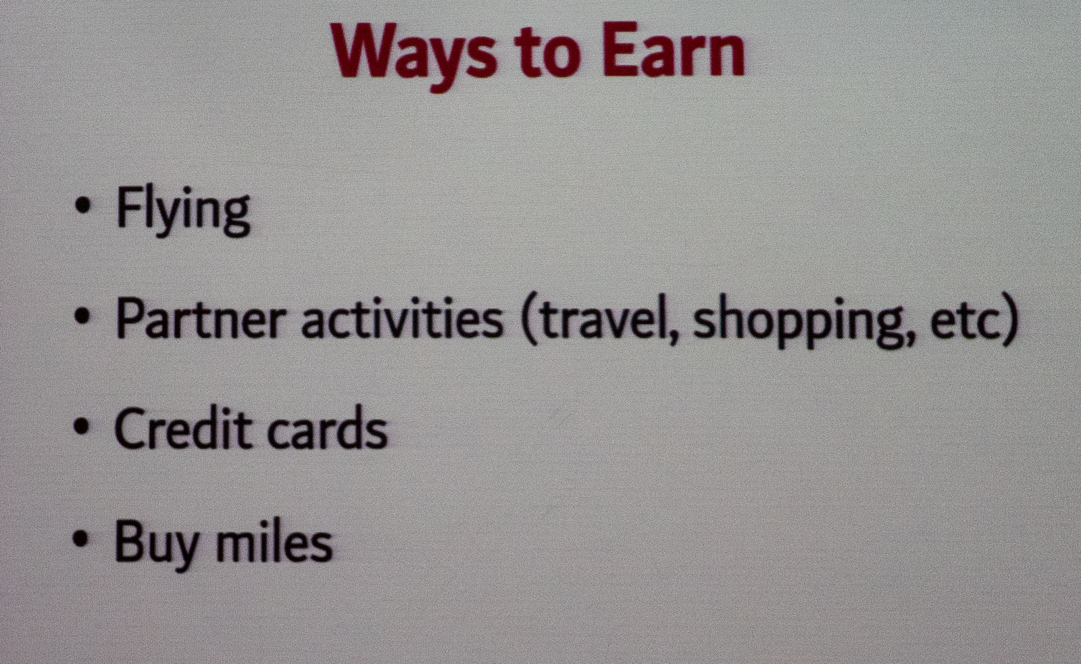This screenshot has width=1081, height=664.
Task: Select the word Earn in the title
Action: (674, 51)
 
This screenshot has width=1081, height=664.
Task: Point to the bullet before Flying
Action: (83, 205)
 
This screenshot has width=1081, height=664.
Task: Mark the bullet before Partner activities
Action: (82, 317)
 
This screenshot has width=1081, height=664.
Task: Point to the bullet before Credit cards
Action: (82, 427)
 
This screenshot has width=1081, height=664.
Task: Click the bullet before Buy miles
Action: (82, 538)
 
